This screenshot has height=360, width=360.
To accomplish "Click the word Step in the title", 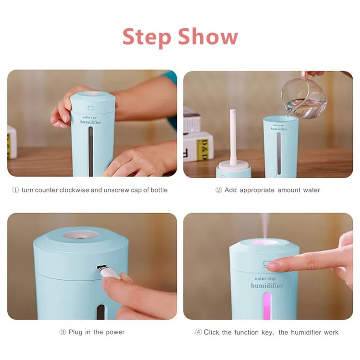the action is pos(147,37).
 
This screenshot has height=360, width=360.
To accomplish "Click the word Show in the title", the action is pos(208,36).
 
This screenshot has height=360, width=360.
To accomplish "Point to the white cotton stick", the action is pos(233,137).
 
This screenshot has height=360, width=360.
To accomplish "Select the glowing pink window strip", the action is pos(266,306).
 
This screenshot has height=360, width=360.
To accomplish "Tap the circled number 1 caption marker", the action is pos(15,190).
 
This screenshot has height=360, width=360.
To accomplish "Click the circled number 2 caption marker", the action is pos(218,190).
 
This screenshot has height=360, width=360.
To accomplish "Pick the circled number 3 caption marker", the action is pos(62,332).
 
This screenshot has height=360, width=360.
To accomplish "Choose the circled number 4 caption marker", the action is pos(198,332).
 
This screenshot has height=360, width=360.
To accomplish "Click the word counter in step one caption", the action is pos(46,190).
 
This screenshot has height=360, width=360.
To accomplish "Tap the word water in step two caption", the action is pos(312,190).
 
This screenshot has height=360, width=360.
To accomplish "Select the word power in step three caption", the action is pos(115,332).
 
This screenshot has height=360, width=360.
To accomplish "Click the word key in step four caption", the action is pos(268,333).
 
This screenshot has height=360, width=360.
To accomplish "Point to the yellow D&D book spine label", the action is pos(202,149).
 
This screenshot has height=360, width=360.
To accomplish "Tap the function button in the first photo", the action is pos(91,108).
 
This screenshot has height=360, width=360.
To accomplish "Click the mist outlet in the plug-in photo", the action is pos(81,235).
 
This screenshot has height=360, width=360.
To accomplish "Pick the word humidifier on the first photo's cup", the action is pos(91,122).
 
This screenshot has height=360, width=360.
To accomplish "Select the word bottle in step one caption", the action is pos(159,190).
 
